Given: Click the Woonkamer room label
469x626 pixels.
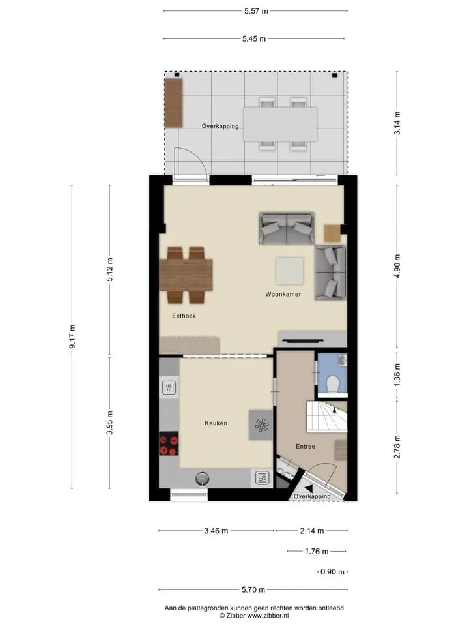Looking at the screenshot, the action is pyautogui.click(x=283, y=294).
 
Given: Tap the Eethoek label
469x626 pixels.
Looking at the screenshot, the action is pyautogui.click(x=184, y=316).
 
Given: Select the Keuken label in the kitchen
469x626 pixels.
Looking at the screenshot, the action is pyautogui.click(x=216, y=423).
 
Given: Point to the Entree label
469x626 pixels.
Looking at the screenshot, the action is pyautogui.click(x=306, y=446).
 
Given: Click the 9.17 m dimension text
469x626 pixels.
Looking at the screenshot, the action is pyautogui.click(x=72, y=336).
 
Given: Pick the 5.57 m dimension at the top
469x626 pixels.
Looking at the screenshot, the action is pyautogui.click(x=256, y=11).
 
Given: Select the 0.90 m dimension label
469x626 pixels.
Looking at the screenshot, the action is pyautogui.click(x=332, y=572).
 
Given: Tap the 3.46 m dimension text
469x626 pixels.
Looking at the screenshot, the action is pyautogui.click(x=216, y=531).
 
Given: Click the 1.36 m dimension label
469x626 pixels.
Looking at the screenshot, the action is pyautogui.click(x=397, y=375).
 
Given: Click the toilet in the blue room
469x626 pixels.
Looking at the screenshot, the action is pyautogui.click(x=333, y=385).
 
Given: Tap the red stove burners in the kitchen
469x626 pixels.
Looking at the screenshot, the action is pyautogui.click(x=169, y=444).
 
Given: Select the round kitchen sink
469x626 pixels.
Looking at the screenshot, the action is pyautogui.click(x=203, y=478).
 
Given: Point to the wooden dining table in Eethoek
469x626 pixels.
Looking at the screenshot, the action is pyautogui.click(x=186, y=275).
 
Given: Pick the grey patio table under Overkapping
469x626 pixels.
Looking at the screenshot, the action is pyautogui.click(x=280, y=124).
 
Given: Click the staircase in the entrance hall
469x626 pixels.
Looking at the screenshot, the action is pyautogui.click(x=326, y=417).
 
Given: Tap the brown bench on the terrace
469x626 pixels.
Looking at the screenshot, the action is pyautogui.click(x=174, y=103).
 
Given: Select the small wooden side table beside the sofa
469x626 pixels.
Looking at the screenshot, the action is pyautogui.click(x=332, y=233).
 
